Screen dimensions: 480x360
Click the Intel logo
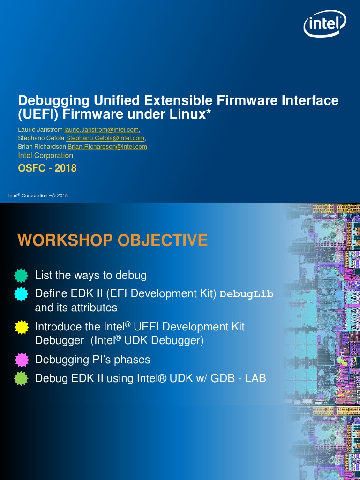pyautogui.click(x=325, y=24)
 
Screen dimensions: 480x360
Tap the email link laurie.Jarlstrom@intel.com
pyautogui.click(x=102, y=129)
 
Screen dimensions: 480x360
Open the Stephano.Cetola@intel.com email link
pyautogui.click(x=105, y=138)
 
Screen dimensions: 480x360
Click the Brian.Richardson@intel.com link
pyautogui.click(x=107, y=147)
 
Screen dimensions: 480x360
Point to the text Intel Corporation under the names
pyautogui.click(x=45, y=155)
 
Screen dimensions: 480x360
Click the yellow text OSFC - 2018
pyautogui.click(x=47, y=168)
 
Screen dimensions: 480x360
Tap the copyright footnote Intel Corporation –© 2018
pyautogui.click(x=38, y=195)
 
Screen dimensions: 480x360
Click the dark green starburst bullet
pyautogui.click(x=21, y=275)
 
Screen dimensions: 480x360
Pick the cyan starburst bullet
pyautogui.click(x=21, y=294)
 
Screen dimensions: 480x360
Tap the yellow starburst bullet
pyautogui.click(x=21, y=327)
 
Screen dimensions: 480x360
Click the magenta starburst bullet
pyautogui.click(x=21, y=360)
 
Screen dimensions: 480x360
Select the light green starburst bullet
pyautogui.click(x=21, y=378)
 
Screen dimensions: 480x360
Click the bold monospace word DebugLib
pyautogui.click(x=247, y=294)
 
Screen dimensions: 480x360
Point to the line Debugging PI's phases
pyautogui.click(x=92, y=360)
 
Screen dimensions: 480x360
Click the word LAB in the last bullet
pyautogui.click(x=255, y=378)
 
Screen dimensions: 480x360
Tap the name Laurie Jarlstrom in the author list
pyautogui.click(x=40, y=129)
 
